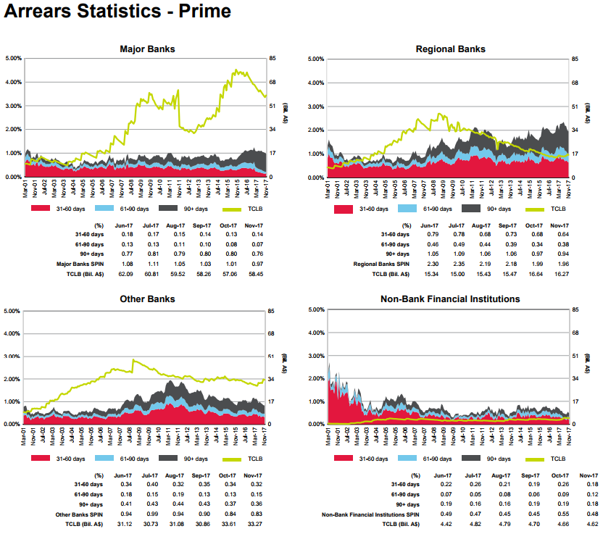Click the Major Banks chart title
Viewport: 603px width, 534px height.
tap(147, 49)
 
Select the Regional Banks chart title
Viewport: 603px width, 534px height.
tap(450, 49)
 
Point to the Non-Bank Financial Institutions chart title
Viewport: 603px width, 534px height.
tap(450, 299)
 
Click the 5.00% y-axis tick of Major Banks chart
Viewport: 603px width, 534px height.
tap(13, 58)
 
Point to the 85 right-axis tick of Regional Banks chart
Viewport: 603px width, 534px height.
tap(575, 59)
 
